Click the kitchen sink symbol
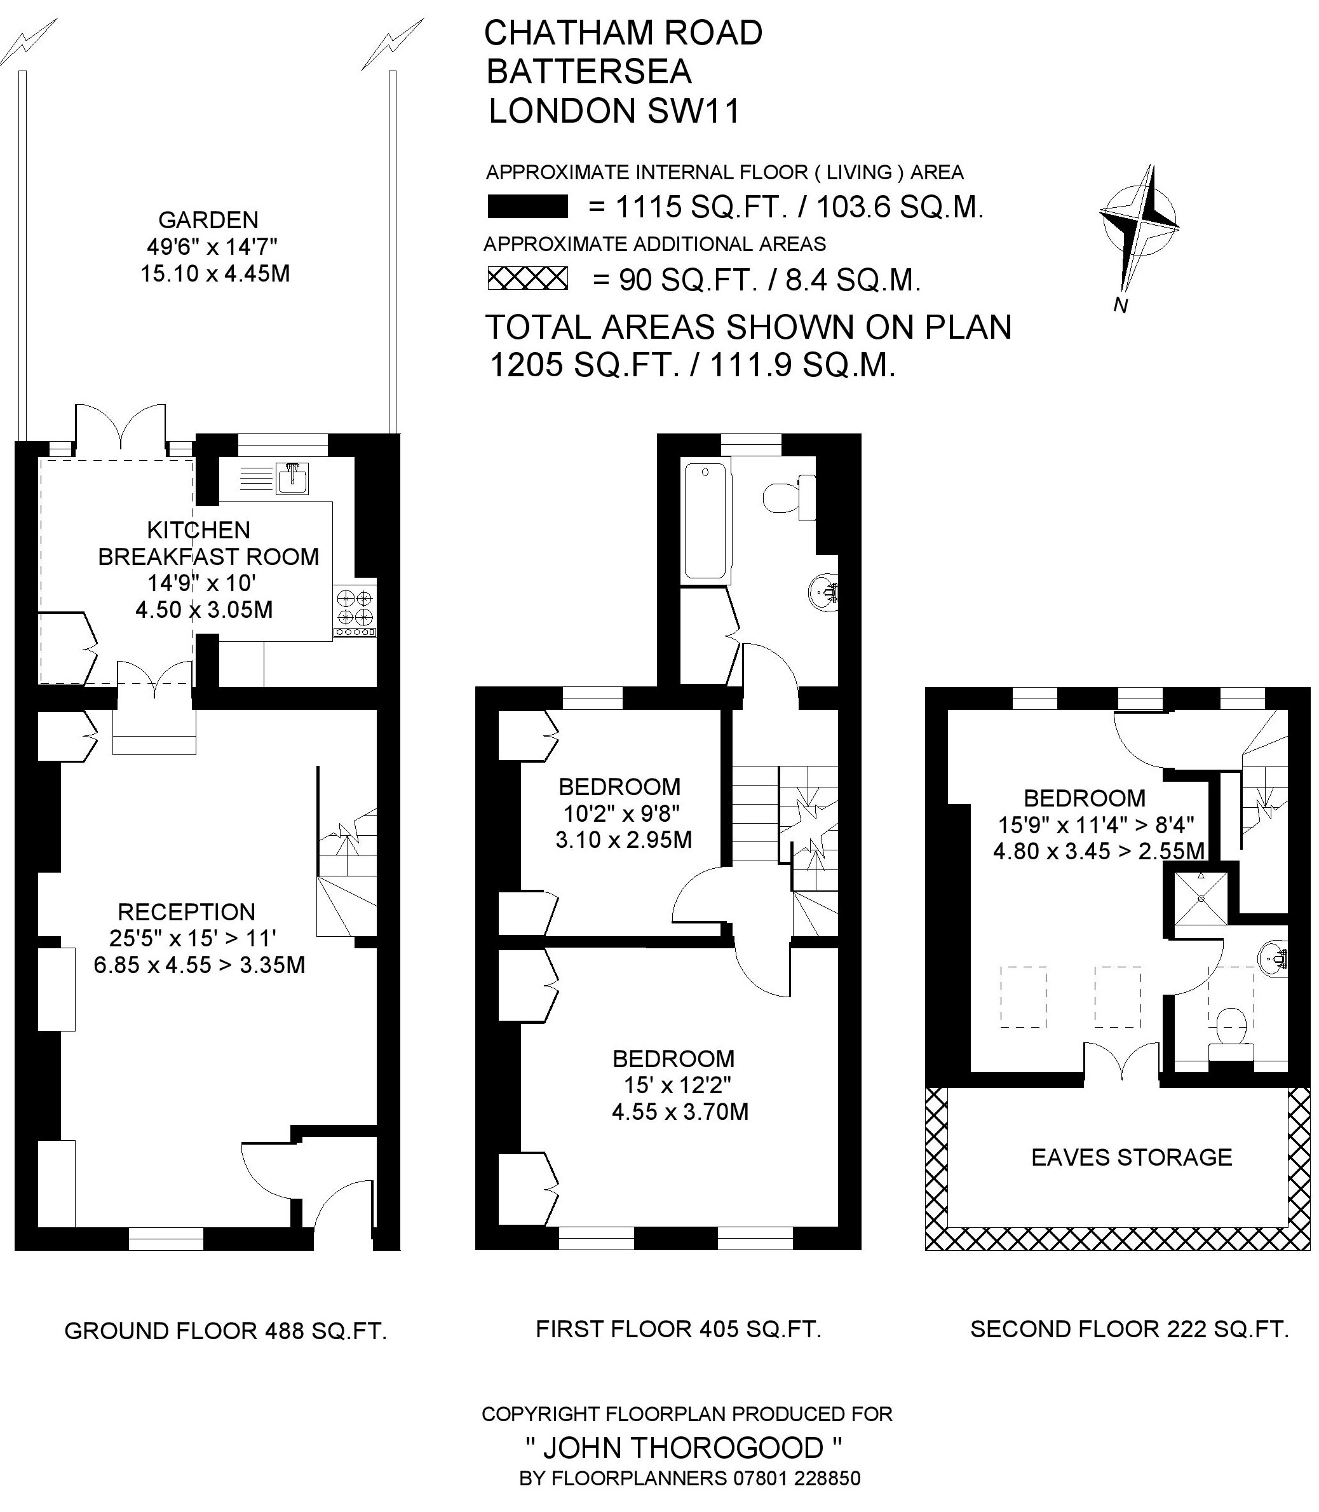(x=293, y=478)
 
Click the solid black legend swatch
(x=528, y=206)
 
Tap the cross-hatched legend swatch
(x=528, y=278)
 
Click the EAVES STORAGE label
(x=1132, y=1157)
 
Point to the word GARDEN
(x=208, y=219)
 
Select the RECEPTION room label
(x=186, y=912)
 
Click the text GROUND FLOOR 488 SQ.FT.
(x=226, y=1331)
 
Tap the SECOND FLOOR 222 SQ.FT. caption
(x=1130, y=1329)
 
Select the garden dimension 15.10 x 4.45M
(x=215, y=274)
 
